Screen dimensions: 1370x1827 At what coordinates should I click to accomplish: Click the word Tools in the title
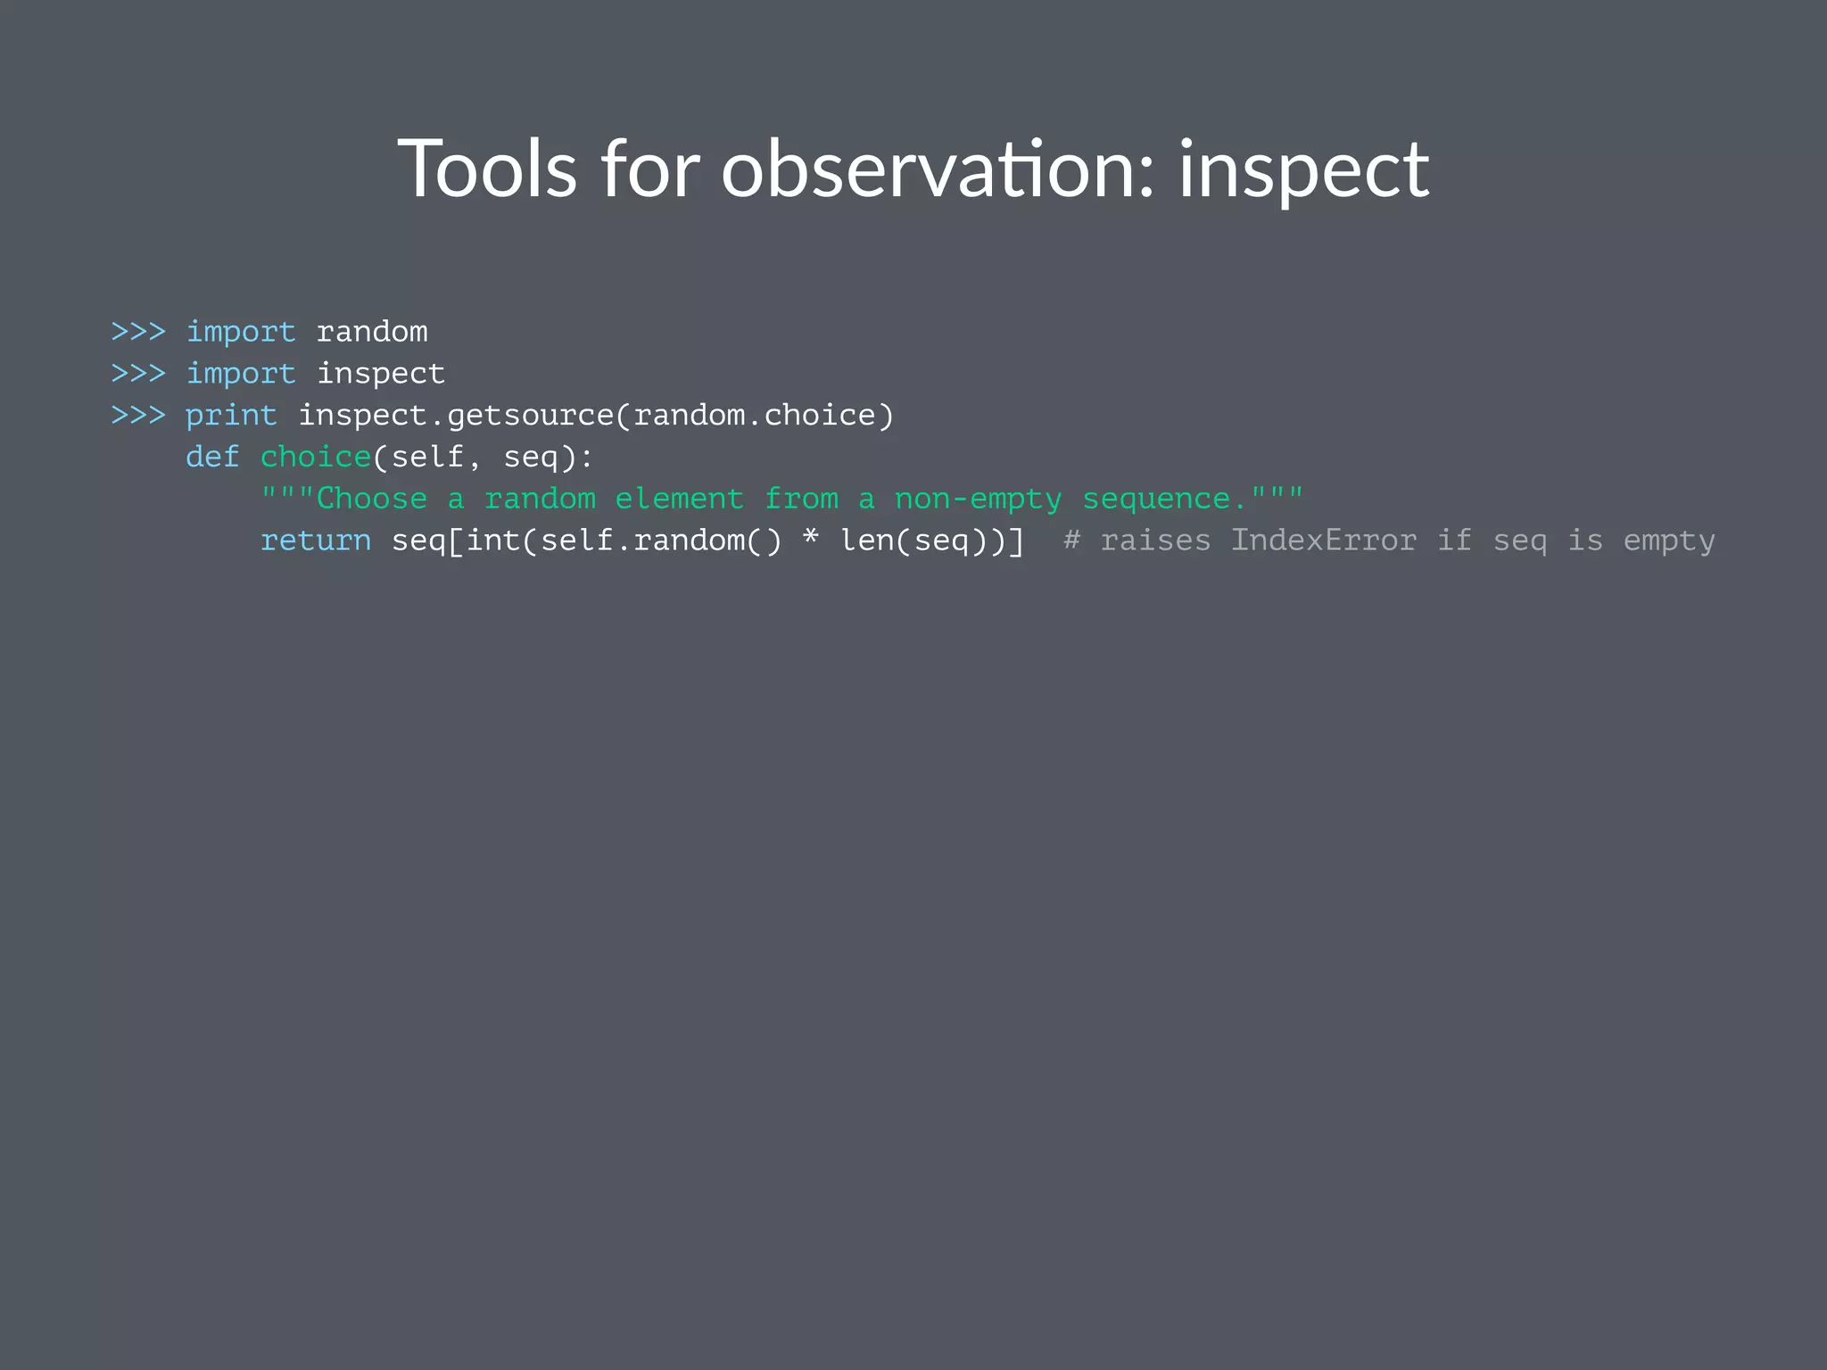487,169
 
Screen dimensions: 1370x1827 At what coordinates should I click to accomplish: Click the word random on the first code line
372,332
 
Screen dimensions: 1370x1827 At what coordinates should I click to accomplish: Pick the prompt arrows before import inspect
138,373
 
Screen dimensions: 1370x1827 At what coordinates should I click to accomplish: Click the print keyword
231,416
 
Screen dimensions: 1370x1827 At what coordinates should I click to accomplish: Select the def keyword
212,457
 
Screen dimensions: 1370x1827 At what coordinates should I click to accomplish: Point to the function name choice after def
316,457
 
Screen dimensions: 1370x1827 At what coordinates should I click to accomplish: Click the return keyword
316,541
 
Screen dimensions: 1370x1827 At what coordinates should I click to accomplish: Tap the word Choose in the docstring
372,499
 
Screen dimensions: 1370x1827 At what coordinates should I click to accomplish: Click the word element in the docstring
679,499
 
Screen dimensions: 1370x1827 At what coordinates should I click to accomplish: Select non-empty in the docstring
978,499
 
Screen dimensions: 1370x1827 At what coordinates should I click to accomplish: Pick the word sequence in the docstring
1155,499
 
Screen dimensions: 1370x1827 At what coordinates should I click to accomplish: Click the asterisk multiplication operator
810,538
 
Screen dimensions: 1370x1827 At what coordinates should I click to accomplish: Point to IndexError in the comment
1323,541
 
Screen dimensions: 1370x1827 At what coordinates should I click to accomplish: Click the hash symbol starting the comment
1071,541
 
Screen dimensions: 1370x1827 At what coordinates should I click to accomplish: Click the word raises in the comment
1155,541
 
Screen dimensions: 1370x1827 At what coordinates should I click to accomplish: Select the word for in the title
649,169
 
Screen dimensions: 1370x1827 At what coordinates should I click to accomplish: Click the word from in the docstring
801,499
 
